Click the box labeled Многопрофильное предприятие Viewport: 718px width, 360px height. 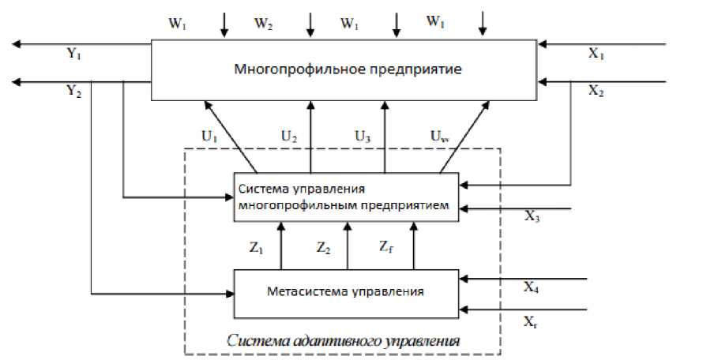(346, 69)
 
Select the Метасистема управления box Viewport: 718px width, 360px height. (346, 291)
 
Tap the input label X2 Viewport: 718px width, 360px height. (598, 91)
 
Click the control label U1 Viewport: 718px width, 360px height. (210, 136)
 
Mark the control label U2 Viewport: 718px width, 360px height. (289, 136)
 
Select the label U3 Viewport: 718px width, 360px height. (363, 136)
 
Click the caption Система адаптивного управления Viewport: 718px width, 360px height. (343, 342)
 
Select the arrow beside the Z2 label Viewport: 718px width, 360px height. (346, 245)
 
